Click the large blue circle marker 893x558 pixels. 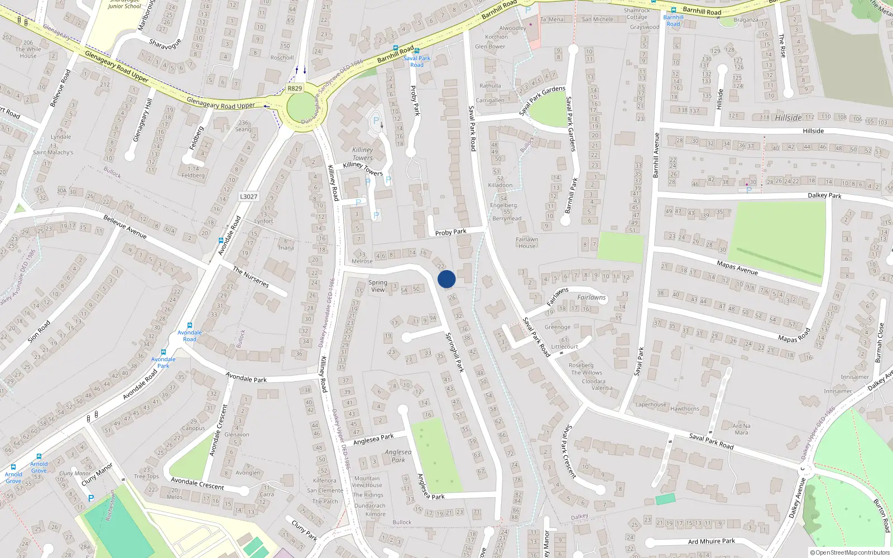pyautogui.click(x=446, y=279)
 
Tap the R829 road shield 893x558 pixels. pyautogui.click(x=295, y=89)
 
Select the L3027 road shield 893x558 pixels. pyautogui.click(x=248, y=196)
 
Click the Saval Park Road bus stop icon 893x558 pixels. pyautogui.click(x=417, y=51)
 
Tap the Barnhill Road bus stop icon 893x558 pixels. pyautogui.click(x=674, y=10)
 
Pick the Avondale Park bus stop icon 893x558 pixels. pyautogui.click(x=163, y=352)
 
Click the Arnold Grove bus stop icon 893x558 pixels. pyautogui.click(x=39, y=456)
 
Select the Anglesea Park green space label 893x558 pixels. pyautogui.click(x=398, y=456)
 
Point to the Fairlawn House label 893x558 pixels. pyautogui.click(x=527, y=243)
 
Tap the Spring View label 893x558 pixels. pyautogui.click(x=378, y=286)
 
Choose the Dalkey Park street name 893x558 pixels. pyautogui.click(x=824, y=195)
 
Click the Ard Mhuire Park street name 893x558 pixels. pyautogui.click(x=711, y=541)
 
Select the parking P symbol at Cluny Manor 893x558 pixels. pyautogui.click(x=91, y=498)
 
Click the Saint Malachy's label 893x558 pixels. pyautogui.click(x=53, y=152)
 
